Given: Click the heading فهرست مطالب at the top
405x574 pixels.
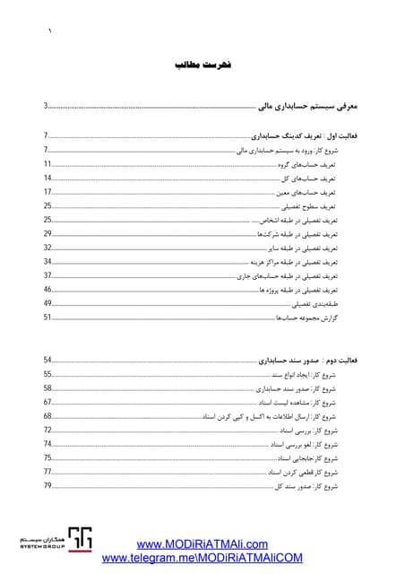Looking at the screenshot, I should (202, 66).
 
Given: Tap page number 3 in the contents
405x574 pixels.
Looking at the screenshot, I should (46, 107).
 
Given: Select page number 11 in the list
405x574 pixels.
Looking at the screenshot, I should (47, 165).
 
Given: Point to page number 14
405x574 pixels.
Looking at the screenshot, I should (47, 178).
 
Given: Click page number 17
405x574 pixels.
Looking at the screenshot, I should (47, 192).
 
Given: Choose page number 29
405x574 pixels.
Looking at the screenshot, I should (47, 233).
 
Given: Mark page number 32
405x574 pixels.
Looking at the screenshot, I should (47, 247).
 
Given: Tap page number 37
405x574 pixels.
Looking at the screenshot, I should (47, 275).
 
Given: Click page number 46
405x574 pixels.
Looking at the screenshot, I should (47, 290).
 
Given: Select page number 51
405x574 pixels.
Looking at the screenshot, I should (47, 317).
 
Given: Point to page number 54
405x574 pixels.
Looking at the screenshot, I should (47, 360).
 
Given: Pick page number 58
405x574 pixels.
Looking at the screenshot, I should (47, 388).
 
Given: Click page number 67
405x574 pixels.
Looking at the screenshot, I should (47, 402).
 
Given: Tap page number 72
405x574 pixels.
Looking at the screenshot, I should (47, 430).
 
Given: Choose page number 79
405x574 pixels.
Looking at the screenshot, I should (47, 485).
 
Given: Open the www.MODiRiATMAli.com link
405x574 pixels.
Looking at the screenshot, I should (202, 544).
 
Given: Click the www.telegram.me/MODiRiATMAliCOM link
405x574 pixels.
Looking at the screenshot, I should (202, 557).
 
